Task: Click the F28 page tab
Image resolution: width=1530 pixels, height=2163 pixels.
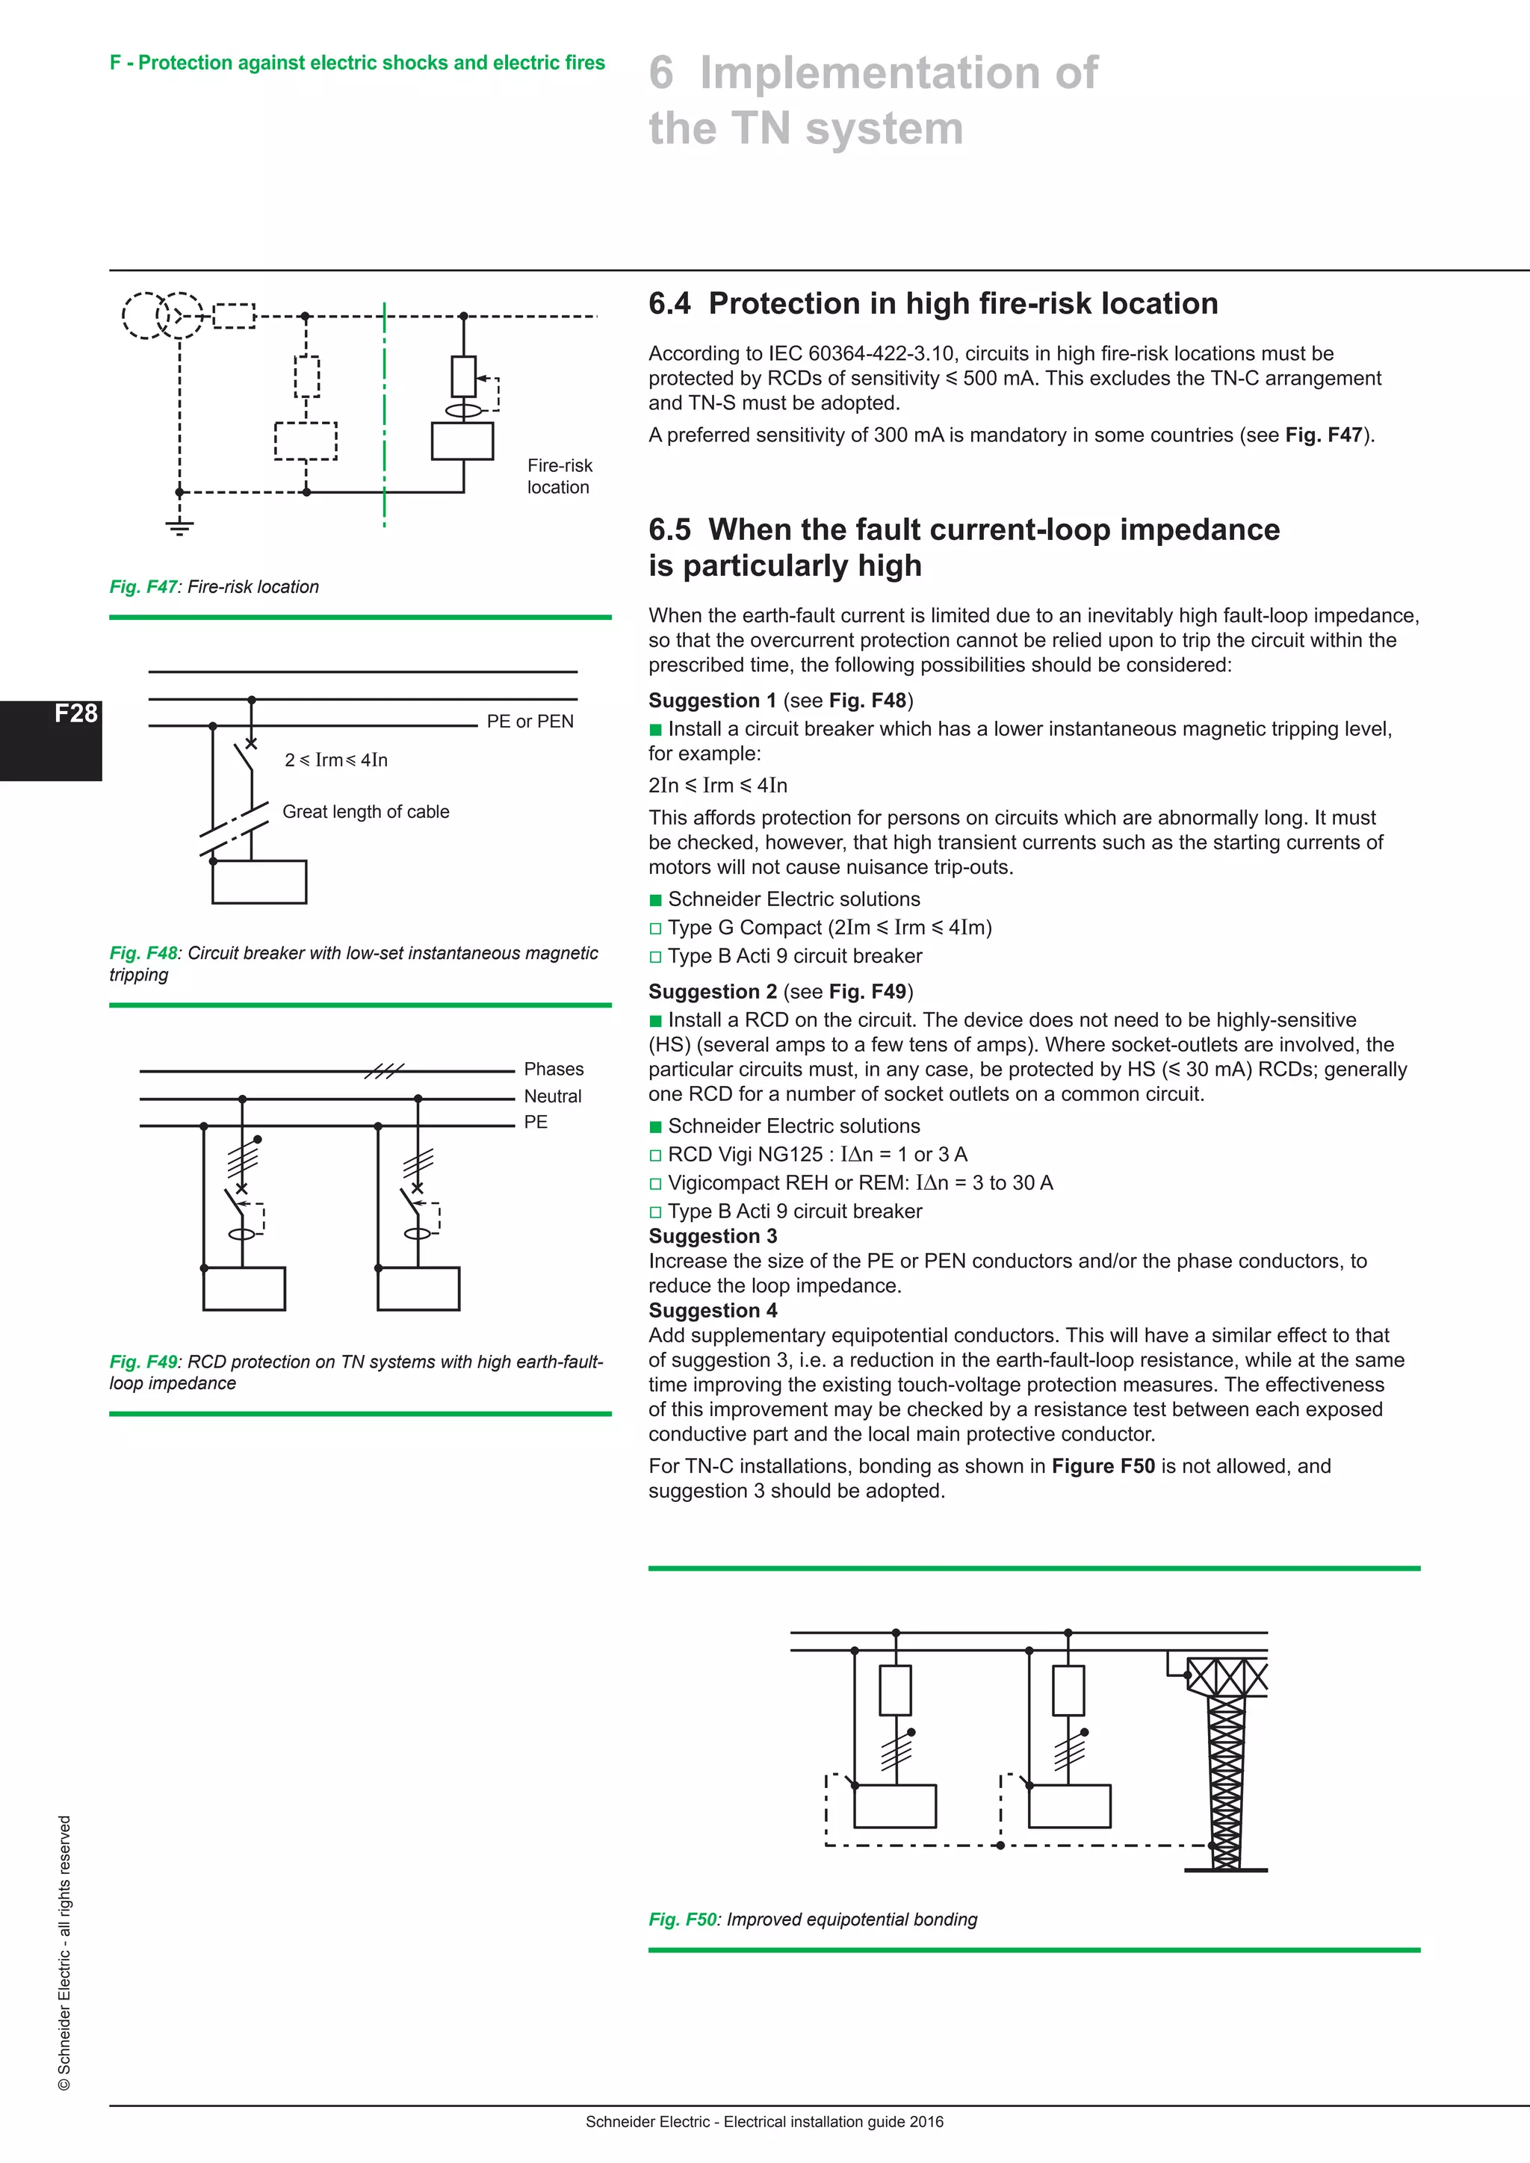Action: point(75,714)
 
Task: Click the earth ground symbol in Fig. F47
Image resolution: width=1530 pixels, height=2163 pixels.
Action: point(179,527)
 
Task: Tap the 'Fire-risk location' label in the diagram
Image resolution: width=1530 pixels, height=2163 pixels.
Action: point(559,477)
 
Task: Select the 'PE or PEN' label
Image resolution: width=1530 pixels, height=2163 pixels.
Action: point(530,721)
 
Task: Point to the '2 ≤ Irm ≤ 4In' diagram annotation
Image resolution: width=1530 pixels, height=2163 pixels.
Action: point(336,760)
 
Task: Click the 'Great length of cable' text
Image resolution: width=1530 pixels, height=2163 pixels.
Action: point(365,812)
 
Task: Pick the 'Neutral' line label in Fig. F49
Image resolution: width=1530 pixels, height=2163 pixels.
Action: point(553,1096)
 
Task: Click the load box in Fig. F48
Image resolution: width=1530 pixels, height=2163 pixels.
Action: point(259,882)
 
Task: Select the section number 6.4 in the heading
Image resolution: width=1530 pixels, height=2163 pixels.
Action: point(669,304)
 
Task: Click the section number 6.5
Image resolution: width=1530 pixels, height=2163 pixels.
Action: point(669,530)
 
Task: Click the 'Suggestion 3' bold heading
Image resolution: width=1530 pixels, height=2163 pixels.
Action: point(712,1236)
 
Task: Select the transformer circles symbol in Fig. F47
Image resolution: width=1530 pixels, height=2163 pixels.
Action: point(162,314)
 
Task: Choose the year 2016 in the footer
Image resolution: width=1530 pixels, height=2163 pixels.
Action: point(926,2122)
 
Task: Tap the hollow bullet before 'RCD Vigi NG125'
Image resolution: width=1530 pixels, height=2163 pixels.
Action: point(656,1156)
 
